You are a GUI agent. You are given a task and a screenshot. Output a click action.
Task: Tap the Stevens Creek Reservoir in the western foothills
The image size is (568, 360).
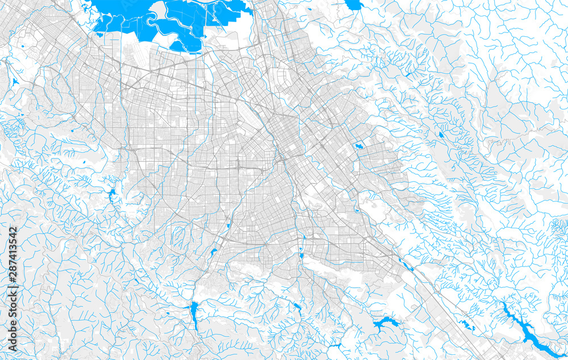[x=112, y=196]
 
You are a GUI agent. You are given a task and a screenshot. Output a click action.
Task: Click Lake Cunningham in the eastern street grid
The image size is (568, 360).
[x=358, y=146]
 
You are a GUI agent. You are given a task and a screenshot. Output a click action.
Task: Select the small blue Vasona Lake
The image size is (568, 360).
[x=214, y=252]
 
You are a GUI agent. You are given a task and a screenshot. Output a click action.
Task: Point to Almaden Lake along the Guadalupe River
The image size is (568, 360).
[x=301, y=256]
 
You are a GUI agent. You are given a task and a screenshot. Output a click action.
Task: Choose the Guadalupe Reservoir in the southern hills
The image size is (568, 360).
[x=297, y=307]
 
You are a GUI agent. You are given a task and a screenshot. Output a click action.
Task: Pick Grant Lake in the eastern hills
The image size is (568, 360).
[x=441, y=135]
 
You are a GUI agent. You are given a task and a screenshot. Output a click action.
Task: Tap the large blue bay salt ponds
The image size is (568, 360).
[x=153, y=23]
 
